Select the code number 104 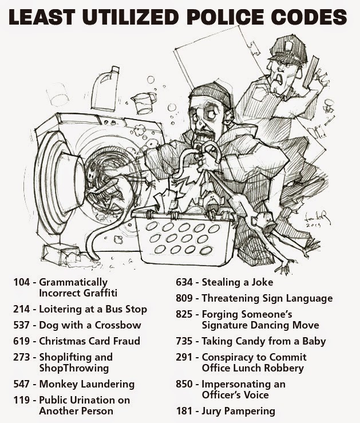[x=22, y=282]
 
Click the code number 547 [x=22, y=384]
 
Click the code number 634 [x=184, y=282]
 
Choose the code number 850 [x=184, y=384]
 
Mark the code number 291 [x=184, y=357]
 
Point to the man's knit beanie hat [x=212, y=92]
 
